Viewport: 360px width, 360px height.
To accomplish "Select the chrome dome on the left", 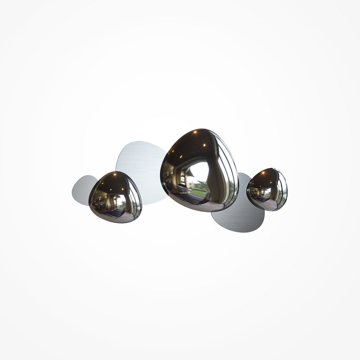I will [115, 197].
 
